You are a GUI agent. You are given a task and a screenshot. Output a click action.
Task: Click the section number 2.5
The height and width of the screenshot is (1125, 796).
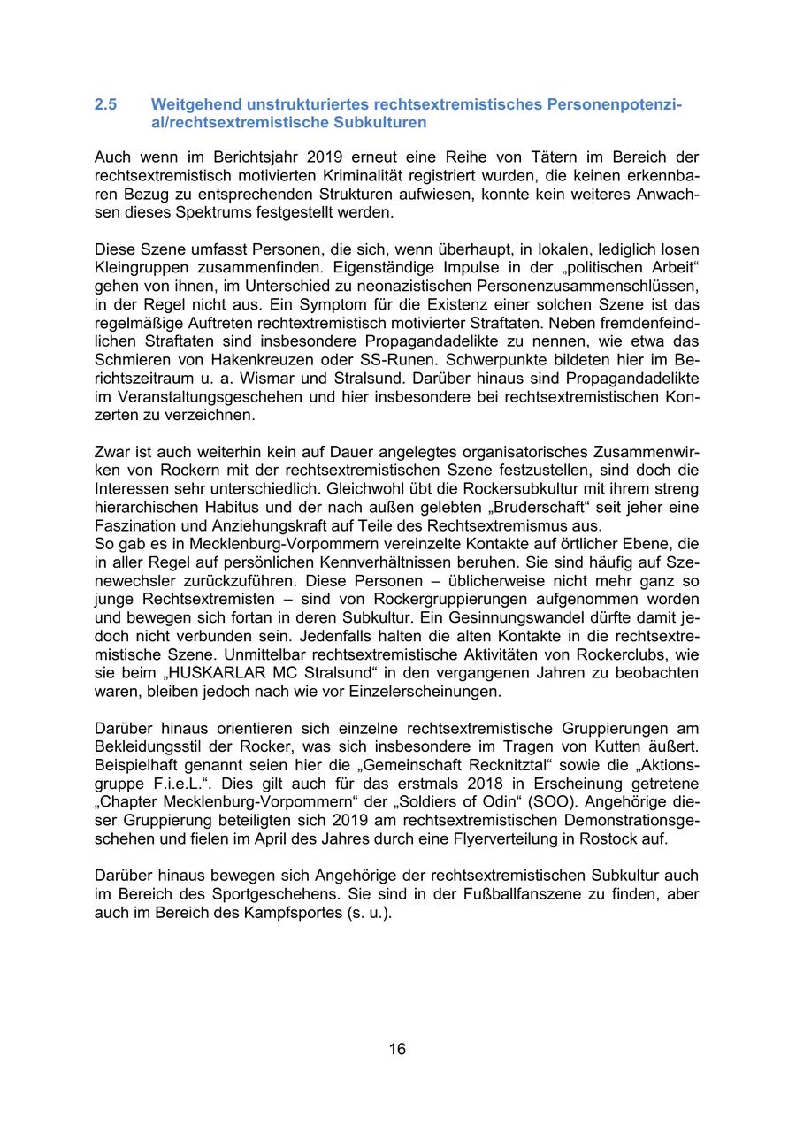point(105,104)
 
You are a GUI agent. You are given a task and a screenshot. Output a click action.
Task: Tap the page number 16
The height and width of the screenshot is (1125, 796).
point(397,1049)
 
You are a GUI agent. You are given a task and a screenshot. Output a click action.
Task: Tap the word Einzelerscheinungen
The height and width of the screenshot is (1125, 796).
point(420,691)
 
